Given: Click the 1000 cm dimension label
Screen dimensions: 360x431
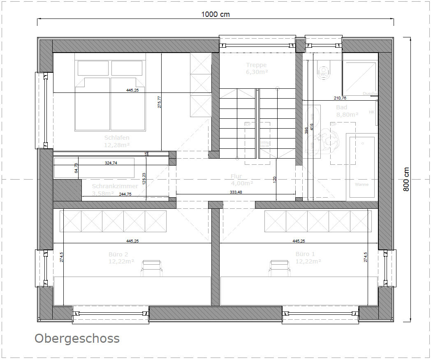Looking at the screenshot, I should [215, 14].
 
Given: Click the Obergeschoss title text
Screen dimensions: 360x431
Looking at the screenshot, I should [77, 338].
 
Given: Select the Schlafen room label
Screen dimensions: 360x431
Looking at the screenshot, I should [117, 138].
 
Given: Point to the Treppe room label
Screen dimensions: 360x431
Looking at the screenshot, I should [256, 65].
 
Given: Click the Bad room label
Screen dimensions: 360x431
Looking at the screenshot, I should [341, 107].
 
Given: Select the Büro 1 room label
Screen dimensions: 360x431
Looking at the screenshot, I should [304, 254].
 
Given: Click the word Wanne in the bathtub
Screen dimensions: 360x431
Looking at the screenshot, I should [362, 185].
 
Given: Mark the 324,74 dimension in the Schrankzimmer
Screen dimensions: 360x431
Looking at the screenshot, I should [111, 163].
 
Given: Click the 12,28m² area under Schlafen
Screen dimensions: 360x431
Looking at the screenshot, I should [117, 145].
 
